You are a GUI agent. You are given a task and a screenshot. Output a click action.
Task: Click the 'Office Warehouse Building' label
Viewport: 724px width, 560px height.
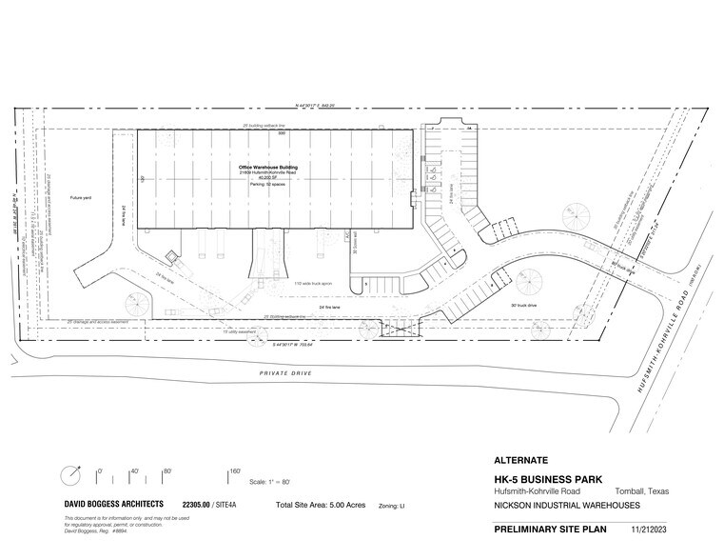268,168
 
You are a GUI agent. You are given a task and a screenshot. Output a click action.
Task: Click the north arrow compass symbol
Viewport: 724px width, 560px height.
68,474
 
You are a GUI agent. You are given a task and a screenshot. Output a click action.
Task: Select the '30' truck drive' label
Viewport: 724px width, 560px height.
525,306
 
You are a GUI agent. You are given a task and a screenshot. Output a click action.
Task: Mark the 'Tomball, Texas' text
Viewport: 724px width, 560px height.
647,491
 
